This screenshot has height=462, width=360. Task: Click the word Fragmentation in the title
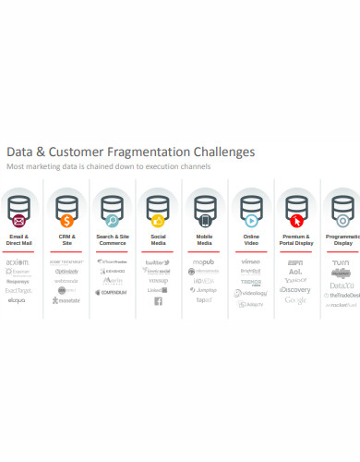point(162,151)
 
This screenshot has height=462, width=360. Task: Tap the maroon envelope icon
point(18,221)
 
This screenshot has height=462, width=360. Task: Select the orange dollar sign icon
point(66,221)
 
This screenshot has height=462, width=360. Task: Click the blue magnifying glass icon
point(112,221)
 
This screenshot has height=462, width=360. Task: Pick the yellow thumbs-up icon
point(158,221)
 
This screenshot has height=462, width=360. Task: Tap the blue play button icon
point(250,221)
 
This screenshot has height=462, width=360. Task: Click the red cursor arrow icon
point(296,221)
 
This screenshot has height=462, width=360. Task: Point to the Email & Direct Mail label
point(18,240)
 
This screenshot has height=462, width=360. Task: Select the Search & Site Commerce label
point(112,240)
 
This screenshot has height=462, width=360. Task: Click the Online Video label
point(250,240)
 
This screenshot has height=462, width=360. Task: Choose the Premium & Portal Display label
point(295,240)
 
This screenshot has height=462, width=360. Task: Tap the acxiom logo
point(18,262)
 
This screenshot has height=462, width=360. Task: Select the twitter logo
point(157,262)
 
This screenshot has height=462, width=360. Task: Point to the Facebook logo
point(158,301)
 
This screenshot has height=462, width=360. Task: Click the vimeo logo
point(250,261)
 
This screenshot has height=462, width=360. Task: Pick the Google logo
point(295,300)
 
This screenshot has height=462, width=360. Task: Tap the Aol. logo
point(295,272)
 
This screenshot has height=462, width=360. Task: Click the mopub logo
point(204,262)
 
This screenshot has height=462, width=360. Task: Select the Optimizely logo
point(66,272)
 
